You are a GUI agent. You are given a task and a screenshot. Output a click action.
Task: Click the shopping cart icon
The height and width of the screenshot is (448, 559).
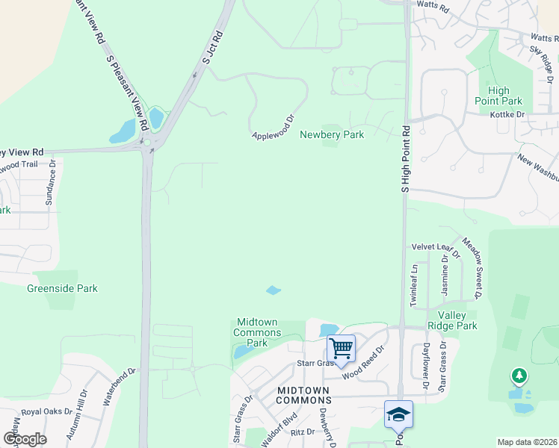click(x=341, y=348)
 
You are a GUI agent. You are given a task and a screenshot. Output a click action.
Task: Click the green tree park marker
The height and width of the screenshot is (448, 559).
click(x=518, y=376)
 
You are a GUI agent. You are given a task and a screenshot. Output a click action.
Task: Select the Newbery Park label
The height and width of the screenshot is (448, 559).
click(x=332, y=134)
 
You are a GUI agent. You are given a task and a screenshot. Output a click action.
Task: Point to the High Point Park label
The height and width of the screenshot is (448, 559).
click(x=498, y=96)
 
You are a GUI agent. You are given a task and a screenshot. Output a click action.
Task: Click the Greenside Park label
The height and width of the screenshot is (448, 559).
click(x=62, y=288)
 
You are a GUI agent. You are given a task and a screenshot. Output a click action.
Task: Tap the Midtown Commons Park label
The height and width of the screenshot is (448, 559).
click(x=257, y=332)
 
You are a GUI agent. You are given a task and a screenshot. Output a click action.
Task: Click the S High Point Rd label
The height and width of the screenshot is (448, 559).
click(x=406, y=159)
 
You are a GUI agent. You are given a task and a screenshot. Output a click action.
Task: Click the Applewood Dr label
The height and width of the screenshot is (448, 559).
click(x=274, y=127)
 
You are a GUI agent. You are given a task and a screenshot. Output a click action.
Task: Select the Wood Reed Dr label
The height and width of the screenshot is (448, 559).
click(x=363, y=362)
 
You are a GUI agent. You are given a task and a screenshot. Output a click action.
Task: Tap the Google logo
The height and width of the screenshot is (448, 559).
click(x=25, y=439)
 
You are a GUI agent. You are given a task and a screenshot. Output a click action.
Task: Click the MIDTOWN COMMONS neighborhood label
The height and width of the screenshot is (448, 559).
click(x=303, y=395)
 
